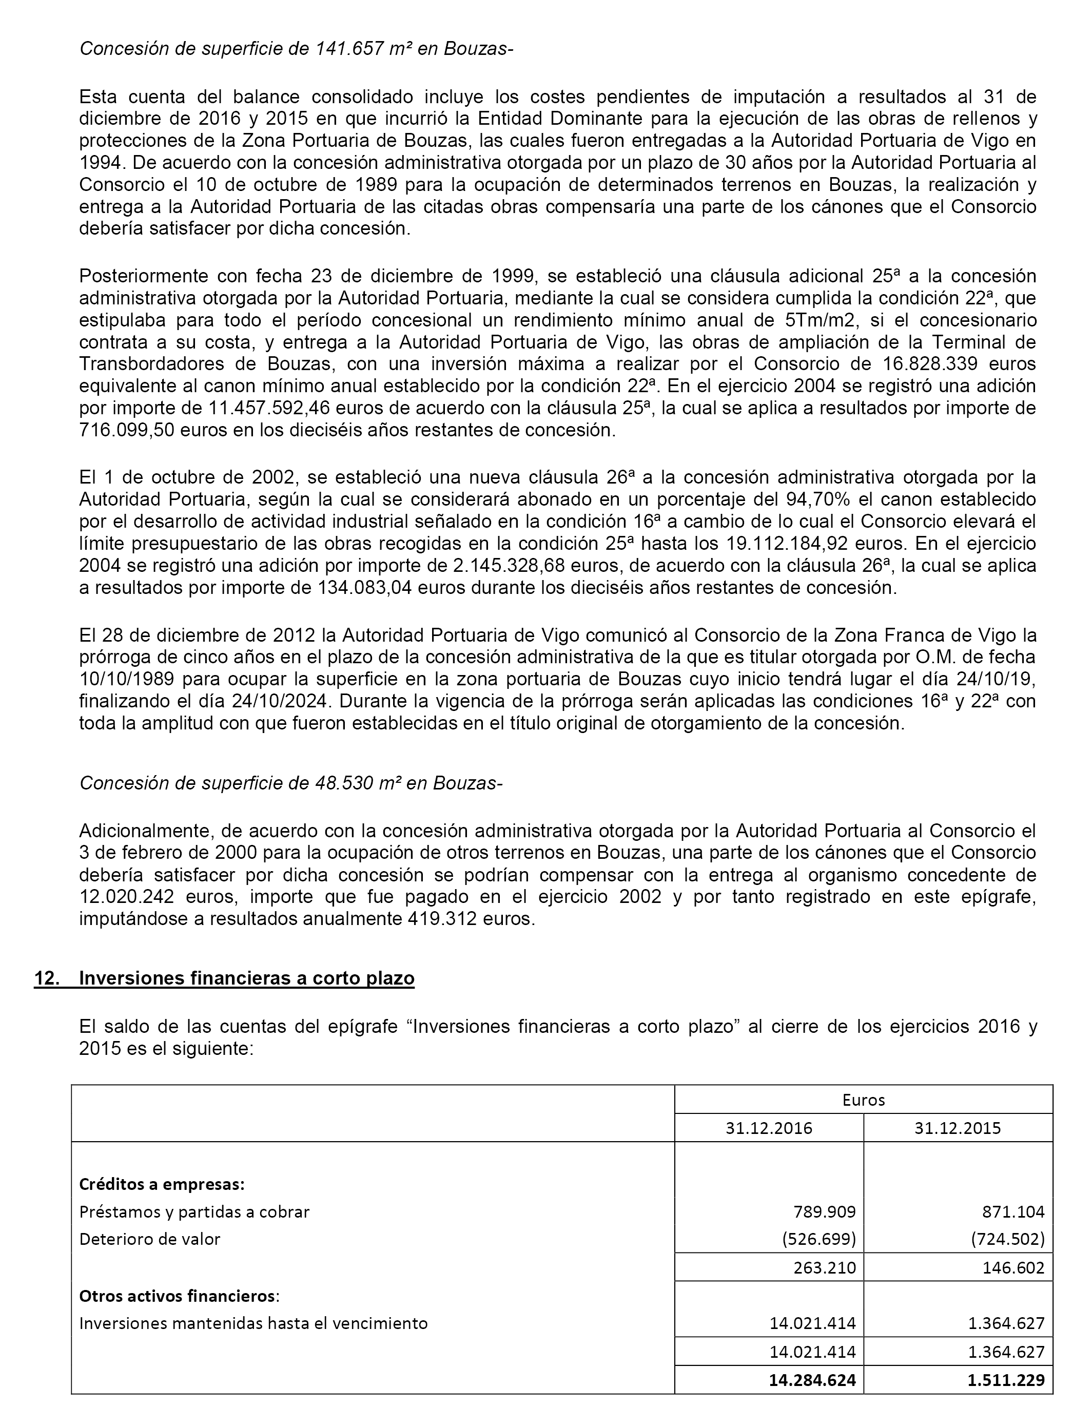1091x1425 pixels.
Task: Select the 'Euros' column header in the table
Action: tap(863, 1100)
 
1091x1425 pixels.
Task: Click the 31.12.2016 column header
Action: tap(769, 1128)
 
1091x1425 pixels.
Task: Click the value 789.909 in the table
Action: tap(824, 1211)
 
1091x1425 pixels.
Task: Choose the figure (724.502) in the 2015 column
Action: tap(1008, 1239)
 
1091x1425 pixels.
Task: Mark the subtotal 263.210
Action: tap(824, 1267)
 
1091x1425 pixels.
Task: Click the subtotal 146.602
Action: tap(1013, 1267)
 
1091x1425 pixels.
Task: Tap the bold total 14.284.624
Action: tap(812, 1379)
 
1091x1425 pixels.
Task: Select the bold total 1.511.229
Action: tap(1006, 1379)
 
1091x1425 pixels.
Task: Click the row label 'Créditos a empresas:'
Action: tap(162, 1184)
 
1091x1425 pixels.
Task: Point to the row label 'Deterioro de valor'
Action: tap(150, 1239)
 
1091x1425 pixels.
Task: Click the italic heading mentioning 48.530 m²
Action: tap(291, 783)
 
